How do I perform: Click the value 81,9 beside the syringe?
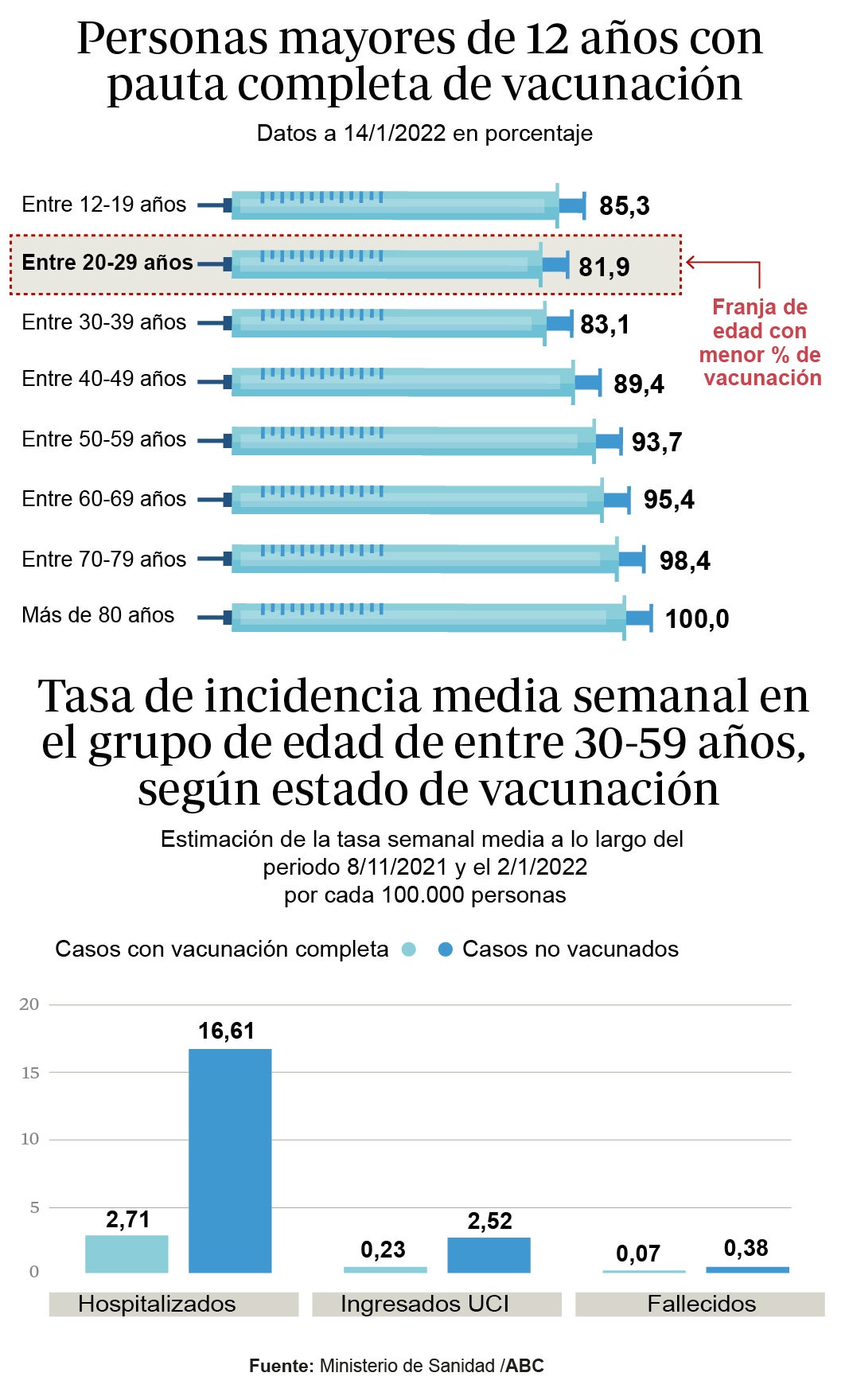click(x=604, y=267)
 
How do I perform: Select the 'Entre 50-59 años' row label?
click(x=103, y=439)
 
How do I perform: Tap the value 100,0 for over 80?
click(x=696, y=618)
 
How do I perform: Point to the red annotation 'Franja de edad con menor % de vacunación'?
click(x=760, y=342)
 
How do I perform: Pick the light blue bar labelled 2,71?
click(x=127, y=1254)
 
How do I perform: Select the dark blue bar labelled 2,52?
click(x=489, y=1254)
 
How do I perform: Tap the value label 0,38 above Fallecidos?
click(x=746, y=1248)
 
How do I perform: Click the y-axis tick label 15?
click(x=30, y=1073)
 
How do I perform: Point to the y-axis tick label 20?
click(x=29, y=1004)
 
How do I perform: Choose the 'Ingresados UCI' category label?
click(x=424, y=1304)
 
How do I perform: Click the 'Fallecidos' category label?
click(x=701, y=1304)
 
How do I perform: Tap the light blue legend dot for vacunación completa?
click(x=409, y=950)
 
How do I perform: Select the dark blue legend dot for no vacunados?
click(x=446, y=950)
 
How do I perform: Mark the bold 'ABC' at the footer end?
click(x=525, y=1366)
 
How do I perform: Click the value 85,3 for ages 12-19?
click(x=624, y=206)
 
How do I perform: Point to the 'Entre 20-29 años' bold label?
click(x=107, y=263)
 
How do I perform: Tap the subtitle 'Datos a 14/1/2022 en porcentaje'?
click(x=424, y=133)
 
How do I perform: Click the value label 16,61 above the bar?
click(x=226, y=1031)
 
